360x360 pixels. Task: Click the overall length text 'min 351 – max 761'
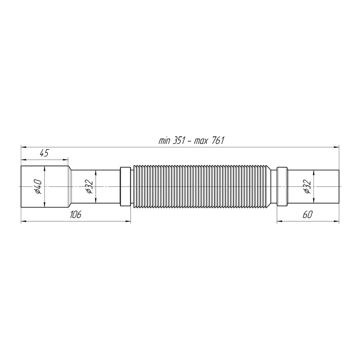(191, 140)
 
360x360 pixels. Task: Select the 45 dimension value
(44, 153)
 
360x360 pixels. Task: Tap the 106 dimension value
(76, 215)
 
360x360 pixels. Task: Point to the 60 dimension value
(308, 215)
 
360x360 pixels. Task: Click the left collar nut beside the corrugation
(125, 186)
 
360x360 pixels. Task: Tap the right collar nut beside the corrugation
(282, 186)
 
